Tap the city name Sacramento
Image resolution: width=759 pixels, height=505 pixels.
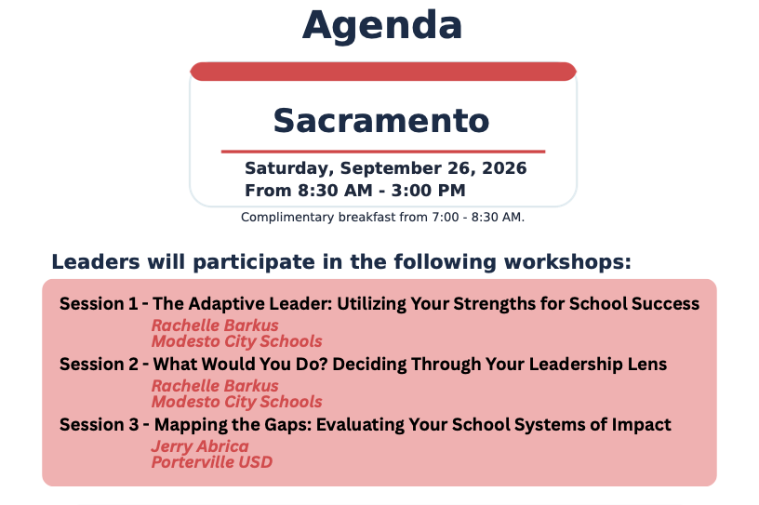[381, 121]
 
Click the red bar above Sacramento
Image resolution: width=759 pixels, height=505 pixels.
[383, 72]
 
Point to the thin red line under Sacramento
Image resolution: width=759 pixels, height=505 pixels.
[383, 152]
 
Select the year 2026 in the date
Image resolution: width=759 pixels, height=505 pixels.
[504, 168]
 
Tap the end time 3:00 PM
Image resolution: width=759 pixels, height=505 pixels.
[429, 191]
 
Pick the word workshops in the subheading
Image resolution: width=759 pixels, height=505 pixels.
[567, 262]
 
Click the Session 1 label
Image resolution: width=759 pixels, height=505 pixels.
[99, 303]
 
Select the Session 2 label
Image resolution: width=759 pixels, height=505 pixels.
[100, 365]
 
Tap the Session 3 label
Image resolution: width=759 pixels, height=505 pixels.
[100, 425]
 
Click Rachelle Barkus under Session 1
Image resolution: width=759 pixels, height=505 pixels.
[215, 325]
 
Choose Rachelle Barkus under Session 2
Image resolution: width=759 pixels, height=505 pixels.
[215, 385]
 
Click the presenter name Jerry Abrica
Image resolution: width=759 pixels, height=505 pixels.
[200, 446]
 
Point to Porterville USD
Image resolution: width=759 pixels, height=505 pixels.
[212, 462]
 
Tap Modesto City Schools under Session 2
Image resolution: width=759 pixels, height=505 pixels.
[236, 402]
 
